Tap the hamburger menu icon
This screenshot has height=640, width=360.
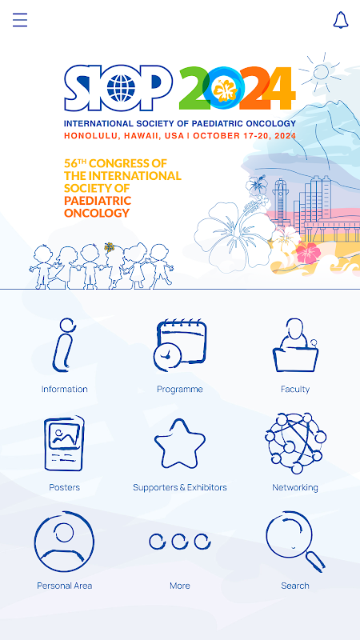[x=20, y=20]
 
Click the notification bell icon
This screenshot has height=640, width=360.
[x=341, y=20]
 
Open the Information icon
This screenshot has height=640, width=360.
[x=65, y=345]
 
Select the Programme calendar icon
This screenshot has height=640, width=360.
[x=180, y=346]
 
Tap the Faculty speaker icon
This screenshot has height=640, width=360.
[x=295, y=345]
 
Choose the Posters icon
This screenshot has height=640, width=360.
[x=65, y=444]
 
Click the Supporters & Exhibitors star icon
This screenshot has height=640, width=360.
[x=179, y=443]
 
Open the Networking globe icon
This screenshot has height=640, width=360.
[x=295, y=443]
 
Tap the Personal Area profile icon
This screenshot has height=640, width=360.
[x=65, y=542]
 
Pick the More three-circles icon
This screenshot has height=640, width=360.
[x=179, y=542]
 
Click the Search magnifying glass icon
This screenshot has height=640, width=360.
[x=295, y=542]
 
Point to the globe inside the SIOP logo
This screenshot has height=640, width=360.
[x=121, y=88]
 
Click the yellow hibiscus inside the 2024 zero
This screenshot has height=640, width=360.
[x=225, y=90]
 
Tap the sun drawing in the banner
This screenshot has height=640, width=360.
[x=321, y=72]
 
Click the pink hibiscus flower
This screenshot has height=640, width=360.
[x=308, y=252]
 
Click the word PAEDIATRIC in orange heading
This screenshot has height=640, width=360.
[x=98, y=201]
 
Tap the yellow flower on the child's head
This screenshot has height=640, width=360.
[x=109, y=247]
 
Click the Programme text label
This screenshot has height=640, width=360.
[x=179, y=389]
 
